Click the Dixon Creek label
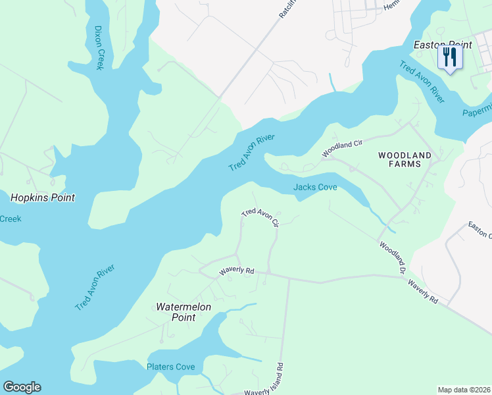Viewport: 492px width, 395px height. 99,49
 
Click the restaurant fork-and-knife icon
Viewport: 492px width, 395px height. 450,57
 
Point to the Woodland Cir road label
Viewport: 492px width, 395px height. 342,147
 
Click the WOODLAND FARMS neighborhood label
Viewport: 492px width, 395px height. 405,161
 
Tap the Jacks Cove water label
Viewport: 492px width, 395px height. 315,188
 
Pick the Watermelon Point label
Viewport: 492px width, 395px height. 176,312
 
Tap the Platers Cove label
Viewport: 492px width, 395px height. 171,367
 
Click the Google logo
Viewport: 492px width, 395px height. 22,387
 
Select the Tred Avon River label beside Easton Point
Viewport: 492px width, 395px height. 422,82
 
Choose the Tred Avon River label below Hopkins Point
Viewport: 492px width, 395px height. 95,288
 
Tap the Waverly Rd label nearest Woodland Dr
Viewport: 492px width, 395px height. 422,291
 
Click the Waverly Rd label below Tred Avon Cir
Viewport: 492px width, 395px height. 236,270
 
